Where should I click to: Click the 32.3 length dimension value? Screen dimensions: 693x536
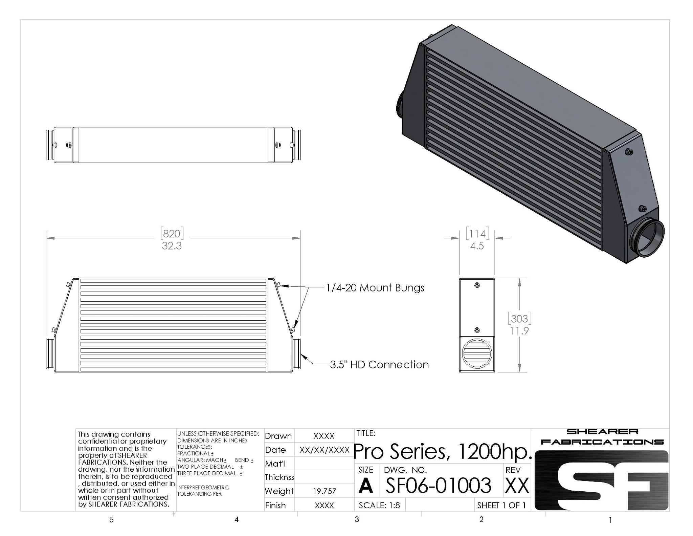point(172,246)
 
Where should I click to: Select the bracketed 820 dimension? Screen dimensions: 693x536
point(172,234)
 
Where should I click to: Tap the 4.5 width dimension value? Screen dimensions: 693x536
point(477,246)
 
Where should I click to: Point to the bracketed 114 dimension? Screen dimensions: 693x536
point(477,234)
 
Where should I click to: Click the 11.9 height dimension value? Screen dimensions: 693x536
point(519,331)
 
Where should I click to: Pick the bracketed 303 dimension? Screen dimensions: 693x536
point(519,319)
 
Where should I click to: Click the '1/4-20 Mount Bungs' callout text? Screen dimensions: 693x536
point(375,288)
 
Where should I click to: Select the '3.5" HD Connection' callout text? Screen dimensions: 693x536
point(379,365)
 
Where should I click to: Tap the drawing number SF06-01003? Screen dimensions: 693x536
point(438,486)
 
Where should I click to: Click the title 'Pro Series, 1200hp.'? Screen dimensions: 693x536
point(443,452)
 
